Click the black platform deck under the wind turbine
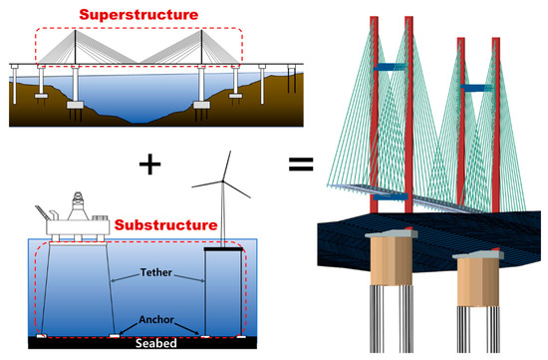[225, 249]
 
